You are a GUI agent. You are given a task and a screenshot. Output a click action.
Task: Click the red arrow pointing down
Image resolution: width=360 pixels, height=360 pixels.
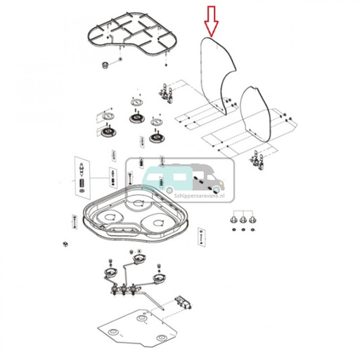(210, 20)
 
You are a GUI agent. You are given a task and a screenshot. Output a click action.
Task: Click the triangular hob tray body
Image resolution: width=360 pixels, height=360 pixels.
(134, 211)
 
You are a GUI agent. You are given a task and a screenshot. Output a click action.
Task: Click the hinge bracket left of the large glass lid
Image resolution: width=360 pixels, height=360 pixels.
(166, 93)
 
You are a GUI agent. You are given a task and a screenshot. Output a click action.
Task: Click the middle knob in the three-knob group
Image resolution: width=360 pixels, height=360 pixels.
(243, 222)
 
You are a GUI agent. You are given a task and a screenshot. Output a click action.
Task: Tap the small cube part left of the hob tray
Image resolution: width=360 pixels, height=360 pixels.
(65, 243)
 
